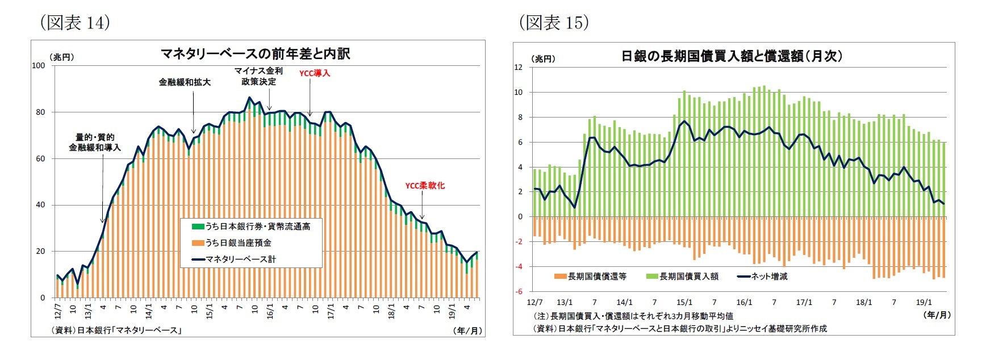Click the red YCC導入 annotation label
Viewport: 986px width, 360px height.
click(314, 73)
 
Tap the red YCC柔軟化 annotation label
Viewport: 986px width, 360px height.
click(424, 186)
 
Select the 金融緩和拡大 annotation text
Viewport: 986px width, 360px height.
click(185, 82)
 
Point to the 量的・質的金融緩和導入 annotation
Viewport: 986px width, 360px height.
click(95, 142)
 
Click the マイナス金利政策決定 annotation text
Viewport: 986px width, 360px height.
click(258, 76)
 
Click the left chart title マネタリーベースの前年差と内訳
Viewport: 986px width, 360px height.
click(255, 54)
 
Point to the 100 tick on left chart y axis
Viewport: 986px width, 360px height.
click(39, 65)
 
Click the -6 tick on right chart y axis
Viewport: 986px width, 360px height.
click(518, 291)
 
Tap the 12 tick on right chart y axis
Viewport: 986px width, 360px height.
click(518, 67)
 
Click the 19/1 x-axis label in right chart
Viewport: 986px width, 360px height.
click(924, 302)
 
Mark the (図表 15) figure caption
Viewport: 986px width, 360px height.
click(553, 23)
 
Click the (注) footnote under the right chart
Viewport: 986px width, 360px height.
click(632, 316)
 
